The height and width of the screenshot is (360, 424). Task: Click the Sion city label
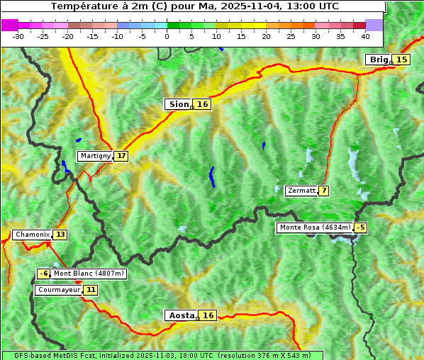[x=178, y=104]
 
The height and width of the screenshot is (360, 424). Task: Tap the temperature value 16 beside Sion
[x=203, y=104]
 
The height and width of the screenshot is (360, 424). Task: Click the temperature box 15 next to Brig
[x=402, y=60]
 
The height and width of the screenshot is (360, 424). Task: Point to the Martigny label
[x=95, y=156]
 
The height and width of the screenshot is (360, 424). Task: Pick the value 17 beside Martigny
[x=121, y=156]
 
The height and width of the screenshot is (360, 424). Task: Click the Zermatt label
[x=301, y=191]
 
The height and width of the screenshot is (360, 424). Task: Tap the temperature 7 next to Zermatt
[x=323, y=191]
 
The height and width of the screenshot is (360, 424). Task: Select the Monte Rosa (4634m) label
[x=314, y=227]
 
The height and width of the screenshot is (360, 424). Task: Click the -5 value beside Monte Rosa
[x=361, y=227]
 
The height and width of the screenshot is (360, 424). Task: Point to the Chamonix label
[x=32, y=235]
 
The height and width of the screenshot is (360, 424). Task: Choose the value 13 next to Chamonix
[x=60, y=235]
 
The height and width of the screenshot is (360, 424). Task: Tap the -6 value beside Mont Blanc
[x=44, y=274]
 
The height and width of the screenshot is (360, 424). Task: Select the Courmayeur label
[x=58, y=290]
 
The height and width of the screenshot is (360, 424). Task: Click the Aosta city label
[x=180, y=315]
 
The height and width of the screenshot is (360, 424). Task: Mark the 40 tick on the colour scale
[x=365, y=35]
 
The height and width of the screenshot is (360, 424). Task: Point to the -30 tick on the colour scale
[x=18, y=35]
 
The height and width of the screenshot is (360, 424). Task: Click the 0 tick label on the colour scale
[x=167, y=35]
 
